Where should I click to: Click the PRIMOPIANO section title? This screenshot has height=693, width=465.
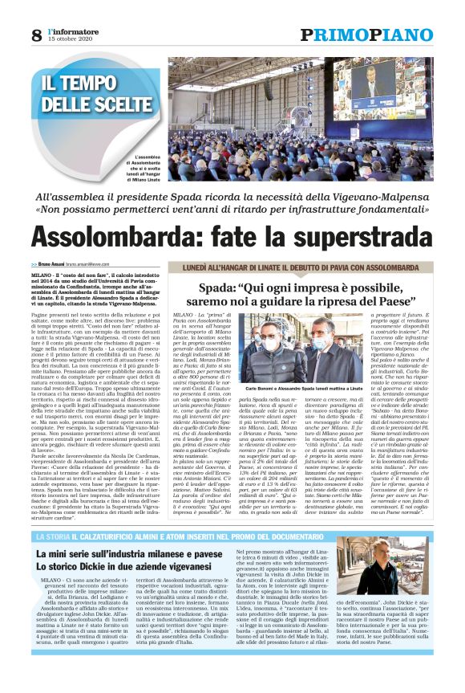point(366,35)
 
